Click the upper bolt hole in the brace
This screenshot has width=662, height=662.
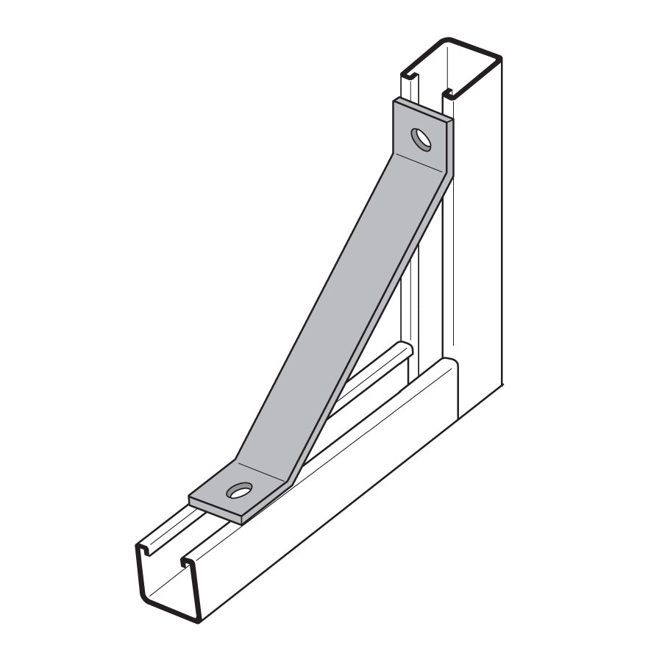coord(421,138)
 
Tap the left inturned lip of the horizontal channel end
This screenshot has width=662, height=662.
coord(144,549)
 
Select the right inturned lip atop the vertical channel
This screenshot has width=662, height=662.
coord(447,93)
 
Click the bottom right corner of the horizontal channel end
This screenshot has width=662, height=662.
coord(198,620)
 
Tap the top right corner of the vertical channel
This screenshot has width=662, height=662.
coord(499,59)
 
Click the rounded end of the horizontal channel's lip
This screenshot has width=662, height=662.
coord(405,347)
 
